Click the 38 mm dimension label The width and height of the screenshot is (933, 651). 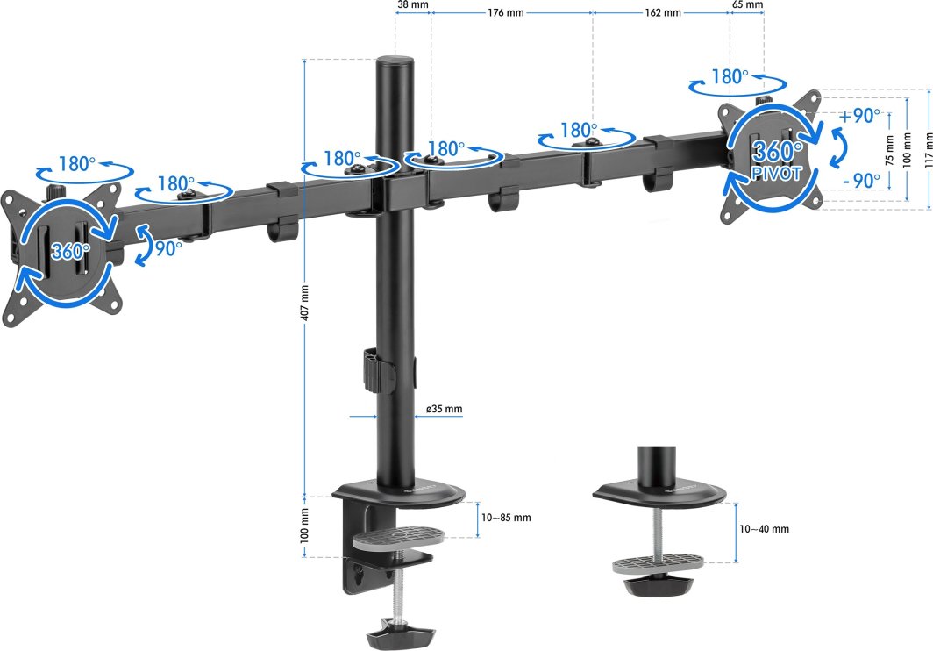(412, 5)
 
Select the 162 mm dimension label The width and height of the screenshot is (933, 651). (662, 13)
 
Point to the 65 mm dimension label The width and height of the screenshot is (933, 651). (747, 5)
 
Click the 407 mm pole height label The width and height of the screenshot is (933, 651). (305, 301)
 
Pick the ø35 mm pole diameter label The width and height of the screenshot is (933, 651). (444, 410)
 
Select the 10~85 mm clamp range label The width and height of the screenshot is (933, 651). (506, 518)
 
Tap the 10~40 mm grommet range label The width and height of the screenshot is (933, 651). (764, 529)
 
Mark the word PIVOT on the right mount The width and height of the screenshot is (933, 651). (776, 175)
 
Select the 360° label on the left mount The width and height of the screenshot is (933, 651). (70, 251)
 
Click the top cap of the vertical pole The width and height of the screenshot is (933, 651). (395, 63)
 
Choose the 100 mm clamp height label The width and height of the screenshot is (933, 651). (305, 526)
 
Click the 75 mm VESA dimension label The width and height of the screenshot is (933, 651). (889, 149)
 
